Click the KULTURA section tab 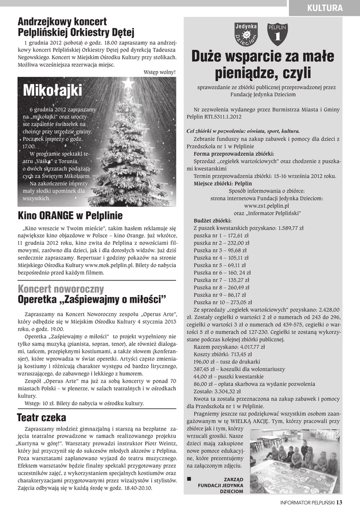(324, 7)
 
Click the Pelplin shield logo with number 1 (278, 34)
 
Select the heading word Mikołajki (52, 91)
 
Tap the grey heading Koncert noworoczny (61, 289)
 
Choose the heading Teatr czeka (42, 418)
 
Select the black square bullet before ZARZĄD (189, 479)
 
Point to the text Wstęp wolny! (159, 72)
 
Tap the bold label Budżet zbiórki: (212, 221)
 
